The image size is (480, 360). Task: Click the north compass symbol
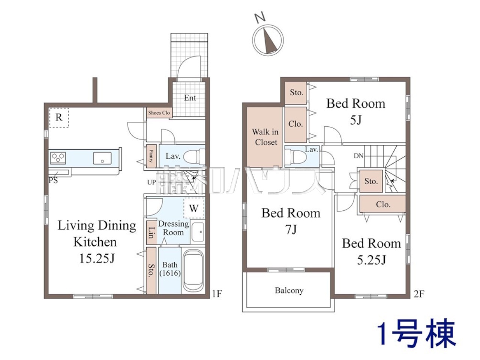(x=268, y=40)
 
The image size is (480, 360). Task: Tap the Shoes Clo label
(x=159, y=113)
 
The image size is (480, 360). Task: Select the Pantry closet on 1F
(x=151, y=156)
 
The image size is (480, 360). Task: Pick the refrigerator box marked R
(x=58, y=118)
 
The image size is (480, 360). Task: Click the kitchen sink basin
(x=102, y=158)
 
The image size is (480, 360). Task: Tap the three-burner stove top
(x=58, y=158)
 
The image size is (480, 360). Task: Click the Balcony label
(x=289, y=291)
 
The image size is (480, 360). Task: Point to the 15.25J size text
(x=97, y=258)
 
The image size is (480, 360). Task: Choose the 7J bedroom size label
(x=291, y=229)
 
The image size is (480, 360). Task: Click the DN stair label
(x=358, y=156)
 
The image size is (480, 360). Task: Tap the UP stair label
(x=151, y=182)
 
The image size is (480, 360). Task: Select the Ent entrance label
(x=190, y=98)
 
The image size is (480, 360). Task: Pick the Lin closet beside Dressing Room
(x=151, y=232)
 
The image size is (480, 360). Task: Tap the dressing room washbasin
(x=198, y=232)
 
